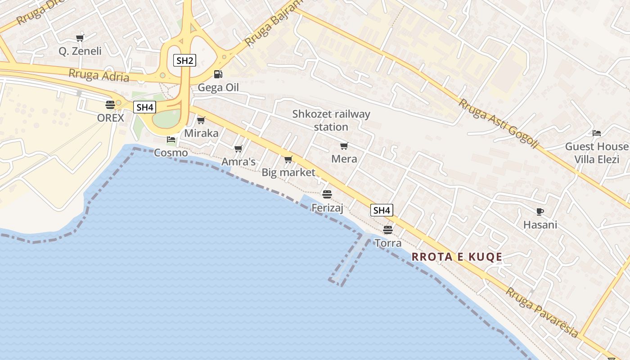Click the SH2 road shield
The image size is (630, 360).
(x=184, y=61)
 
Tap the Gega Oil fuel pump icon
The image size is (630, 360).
(x=218, y=74)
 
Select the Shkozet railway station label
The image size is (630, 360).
(x=331, y=120)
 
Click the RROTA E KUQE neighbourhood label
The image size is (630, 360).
(x=457, y=257)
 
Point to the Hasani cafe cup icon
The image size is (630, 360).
(x=540, y=211)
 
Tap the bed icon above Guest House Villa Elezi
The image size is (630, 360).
(x=597, y=133)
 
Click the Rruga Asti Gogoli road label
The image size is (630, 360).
(x=498, y=124)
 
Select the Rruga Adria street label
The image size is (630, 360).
(x=99, y=75)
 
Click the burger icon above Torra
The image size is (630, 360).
(x=388, y=230)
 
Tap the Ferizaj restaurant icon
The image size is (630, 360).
(x=327, y=194)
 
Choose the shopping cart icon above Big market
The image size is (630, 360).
(x=288, y=159)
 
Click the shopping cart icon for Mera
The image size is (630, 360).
(x=344, y=146)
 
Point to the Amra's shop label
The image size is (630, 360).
(x=238, y=162)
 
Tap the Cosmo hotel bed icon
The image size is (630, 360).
(x=171, y=139)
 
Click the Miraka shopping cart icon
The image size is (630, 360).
(x=201, y=120)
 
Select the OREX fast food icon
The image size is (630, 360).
(x=110, y=105)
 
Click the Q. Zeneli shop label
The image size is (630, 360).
(x=80, y=51)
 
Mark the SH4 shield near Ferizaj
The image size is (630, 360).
(x=382, y=210)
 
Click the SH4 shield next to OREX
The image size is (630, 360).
(x=144, y=107)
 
